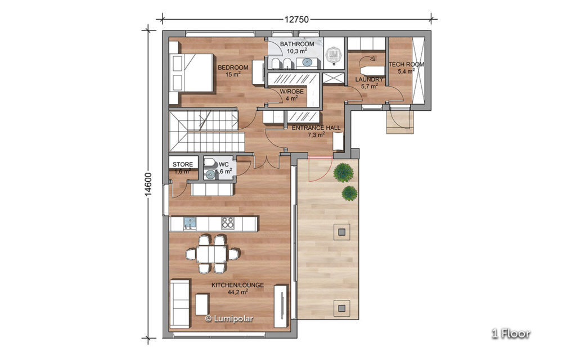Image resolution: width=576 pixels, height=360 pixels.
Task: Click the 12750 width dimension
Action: (x=296, y=20)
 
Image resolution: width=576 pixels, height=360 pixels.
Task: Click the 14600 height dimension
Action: (x=148, y=184)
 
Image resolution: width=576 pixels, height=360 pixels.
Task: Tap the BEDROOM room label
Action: (x=233, y=67)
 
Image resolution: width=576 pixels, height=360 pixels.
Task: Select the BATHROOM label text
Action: (x=297, y=44)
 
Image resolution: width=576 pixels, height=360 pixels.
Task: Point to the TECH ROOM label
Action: (x=406, y=64)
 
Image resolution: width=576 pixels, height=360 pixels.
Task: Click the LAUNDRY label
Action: (x=369, y=79)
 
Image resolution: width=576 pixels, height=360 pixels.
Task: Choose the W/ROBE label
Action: (x=292, y=92)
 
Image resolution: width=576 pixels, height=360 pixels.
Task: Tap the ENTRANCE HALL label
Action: (x=316, y=128)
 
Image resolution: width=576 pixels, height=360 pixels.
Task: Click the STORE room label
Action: (x=183, y=165)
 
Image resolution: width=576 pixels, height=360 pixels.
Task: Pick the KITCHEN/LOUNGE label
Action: (x=238, y=285)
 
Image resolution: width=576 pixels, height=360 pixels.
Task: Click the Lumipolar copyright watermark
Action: (x=229, y=318)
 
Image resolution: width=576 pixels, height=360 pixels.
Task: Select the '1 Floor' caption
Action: (x=511, y=334)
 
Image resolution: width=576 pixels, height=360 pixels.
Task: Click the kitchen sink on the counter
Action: (x=190, y=223)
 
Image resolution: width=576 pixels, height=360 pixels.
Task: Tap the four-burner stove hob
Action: (x=227, y=223)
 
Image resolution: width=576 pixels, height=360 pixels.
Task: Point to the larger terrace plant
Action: (x=344, y=172)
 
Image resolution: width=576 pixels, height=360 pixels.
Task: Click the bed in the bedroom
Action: (x=192, y=73)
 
